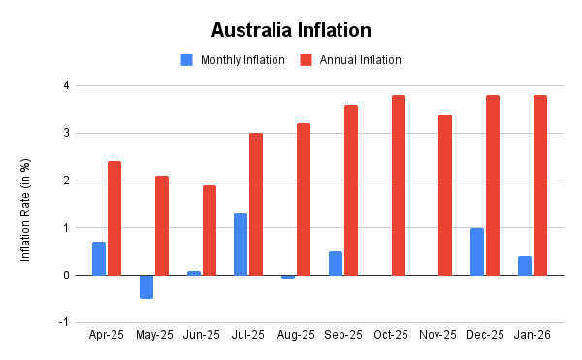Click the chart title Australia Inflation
[x=291, y=30]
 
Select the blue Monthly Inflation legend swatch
[x=187, y=60]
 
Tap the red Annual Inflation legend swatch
[x=306, y=60]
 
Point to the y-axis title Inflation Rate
[x=27, y=204]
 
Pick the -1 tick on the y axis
[x=64, y=322]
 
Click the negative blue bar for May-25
[x=145, y=287]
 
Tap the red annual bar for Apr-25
[x=114, y=218]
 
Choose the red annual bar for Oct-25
[x=399, y=185]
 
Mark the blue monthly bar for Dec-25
[x=477, y=251]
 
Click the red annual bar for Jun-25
[x=210, y=230]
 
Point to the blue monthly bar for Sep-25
[x=336, y=263]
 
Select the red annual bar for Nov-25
[x=445, y=195]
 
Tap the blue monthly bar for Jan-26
[x=525, y=266]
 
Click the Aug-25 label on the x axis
[x=296, y=335]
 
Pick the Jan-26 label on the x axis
[x=533, y=335]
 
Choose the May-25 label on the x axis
[x=153, y=335]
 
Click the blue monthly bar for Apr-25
[x=99, y=258]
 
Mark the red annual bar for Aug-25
[x=304, y=199]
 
